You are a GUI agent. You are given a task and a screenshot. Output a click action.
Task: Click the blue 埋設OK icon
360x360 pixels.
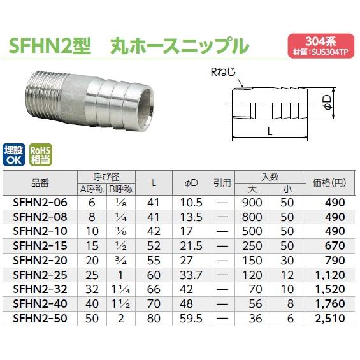tap(16, 155)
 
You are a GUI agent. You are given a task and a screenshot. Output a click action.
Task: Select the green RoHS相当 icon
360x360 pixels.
tap(41, 155)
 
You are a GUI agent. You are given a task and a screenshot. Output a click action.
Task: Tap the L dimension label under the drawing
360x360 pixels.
tap(270, 131)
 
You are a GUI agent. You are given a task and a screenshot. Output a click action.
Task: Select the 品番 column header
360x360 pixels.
tap(40, 183)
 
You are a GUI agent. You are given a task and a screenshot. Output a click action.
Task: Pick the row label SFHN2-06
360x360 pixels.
tap(40, 202)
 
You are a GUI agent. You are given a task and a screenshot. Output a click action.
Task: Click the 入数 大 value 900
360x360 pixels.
tap(253, 202)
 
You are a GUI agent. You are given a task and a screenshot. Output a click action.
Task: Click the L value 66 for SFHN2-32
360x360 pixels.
tap(154, 289)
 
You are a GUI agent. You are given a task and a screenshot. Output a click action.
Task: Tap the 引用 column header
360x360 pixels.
tap(221, 183)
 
